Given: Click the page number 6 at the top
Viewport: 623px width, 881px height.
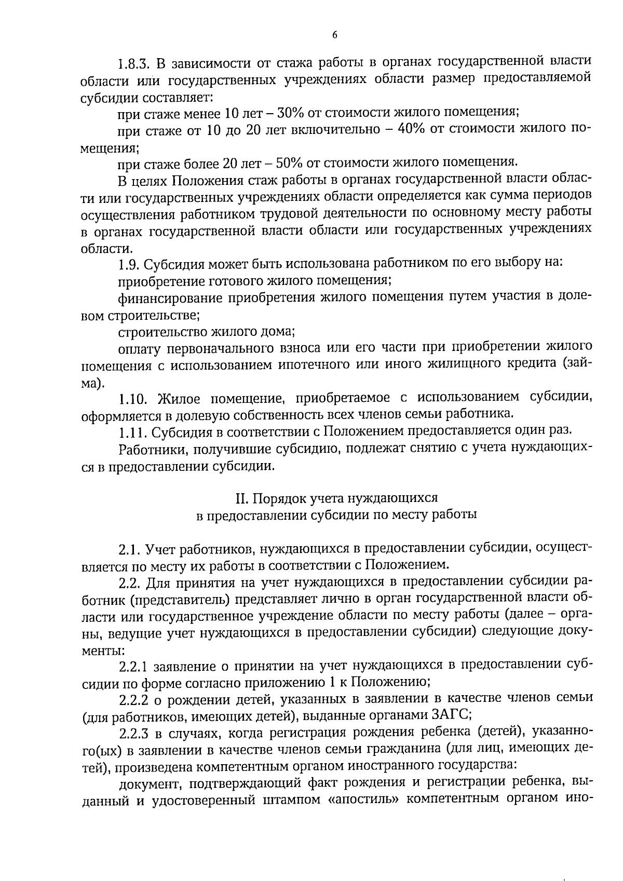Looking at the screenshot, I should tap(334, 35).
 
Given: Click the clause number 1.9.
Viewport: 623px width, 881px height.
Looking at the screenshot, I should tap(128, 264).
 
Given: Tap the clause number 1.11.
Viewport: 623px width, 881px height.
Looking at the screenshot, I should tap(131, 432).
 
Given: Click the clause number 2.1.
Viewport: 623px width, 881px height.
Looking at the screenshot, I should tap(129, 549).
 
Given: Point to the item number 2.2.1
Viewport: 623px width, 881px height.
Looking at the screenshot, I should tap(135, 666).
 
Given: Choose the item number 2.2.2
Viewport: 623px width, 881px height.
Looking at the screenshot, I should tap(135, 700).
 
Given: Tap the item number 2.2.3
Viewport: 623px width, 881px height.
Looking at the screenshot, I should tap(135, 734).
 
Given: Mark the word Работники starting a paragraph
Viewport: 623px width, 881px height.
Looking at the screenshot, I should tap(153, 449).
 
